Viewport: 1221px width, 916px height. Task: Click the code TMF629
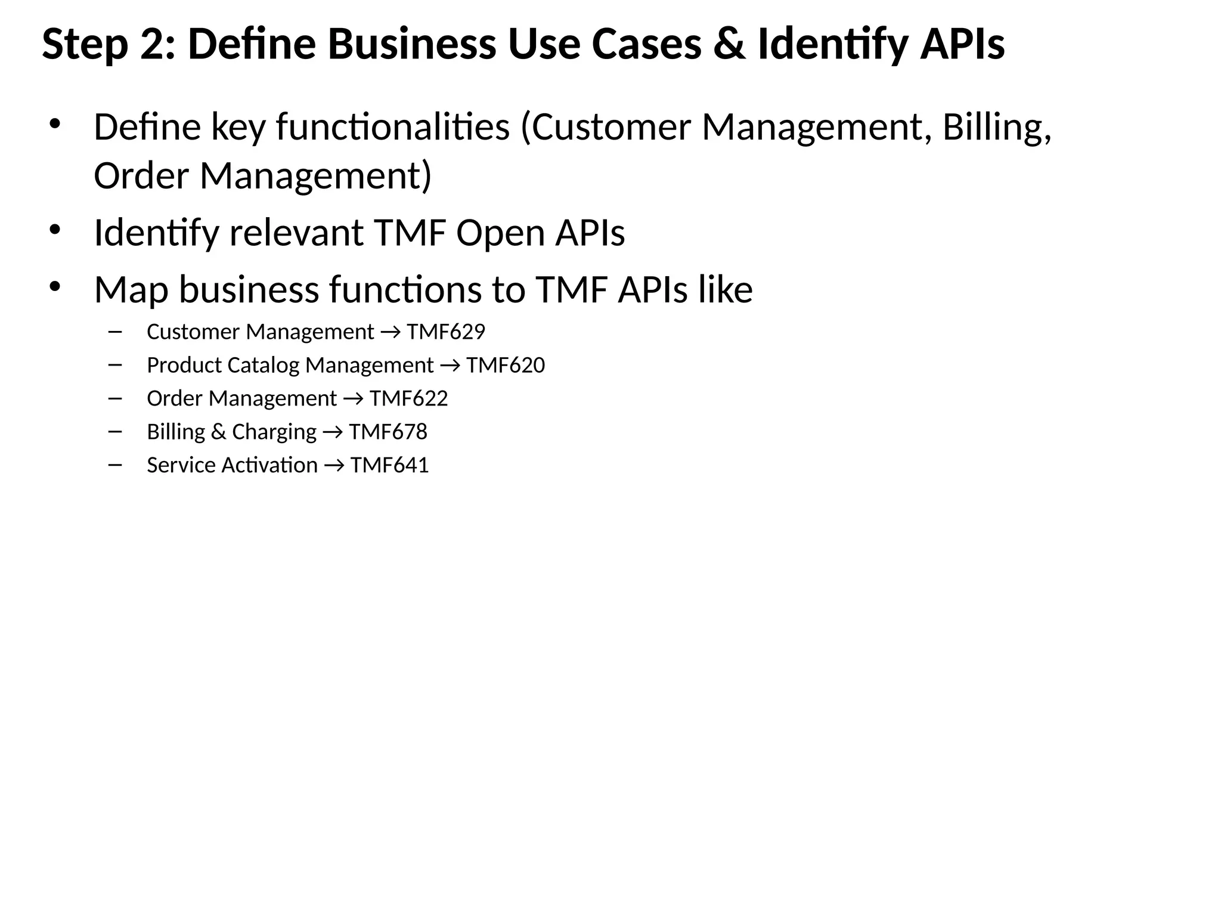446,332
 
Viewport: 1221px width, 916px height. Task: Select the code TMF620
506,365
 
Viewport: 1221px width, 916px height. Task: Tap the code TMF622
408,398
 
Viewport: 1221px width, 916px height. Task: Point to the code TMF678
388,432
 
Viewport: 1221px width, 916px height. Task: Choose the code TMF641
389,465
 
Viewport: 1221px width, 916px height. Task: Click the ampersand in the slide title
729,45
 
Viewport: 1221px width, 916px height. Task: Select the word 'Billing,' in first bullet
997,128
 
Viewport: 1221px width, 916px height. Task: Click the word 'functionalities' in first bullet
393,128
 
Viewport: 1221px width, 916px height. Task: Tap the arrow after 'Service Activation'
334,466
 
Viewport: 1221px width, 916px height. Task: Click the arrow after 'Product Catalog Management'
450,366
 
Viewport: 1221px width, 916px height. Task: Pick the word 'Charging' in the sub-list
274,432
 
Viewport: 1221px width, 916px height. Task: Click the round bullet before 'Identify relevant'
55,230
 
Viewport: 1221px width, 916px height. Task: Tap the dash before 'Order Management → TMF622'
115,398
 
